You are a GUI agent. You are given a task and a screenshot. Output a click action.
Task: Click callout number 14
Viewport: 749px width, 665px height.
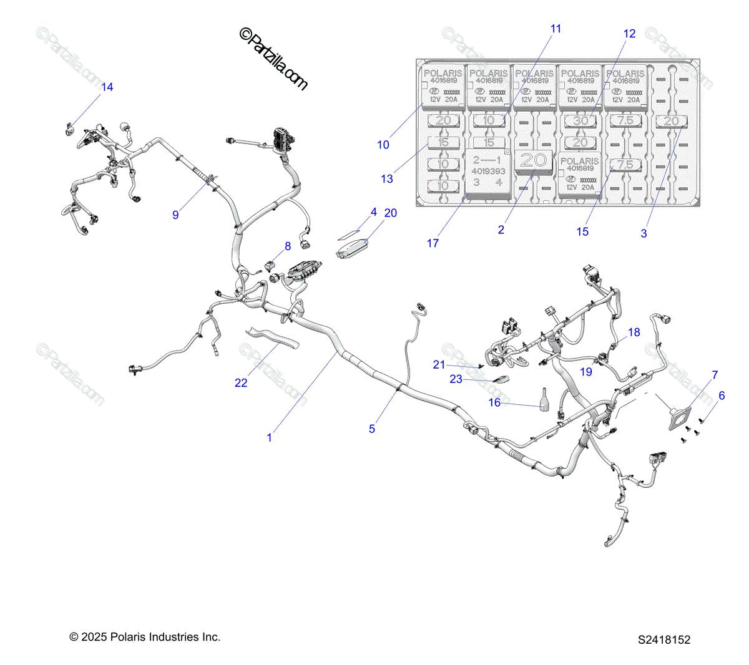(x=107, y=87)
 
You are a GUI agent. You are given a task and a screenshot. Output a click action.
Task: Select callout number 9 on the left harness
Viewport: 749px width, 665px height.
(x=175, y=215)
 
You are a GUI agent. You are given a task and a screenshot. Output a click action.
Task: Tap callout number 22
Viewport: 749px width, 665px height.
(x=241, y=383)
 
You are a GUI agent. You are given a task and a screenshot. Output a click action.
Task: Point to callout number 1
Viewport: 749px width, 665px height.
(x=270, y=438)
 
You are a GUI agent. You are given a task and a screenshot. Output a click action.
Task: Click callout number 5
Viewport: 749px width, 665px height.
(x=372, y=429)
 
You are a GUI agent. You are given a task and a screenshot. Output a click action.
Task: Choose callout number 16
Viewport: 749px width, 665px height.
(x=494, y=403)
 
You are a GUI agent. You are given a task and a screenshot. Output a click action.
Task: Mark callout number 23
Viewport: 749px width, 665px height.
(x=456, y=379)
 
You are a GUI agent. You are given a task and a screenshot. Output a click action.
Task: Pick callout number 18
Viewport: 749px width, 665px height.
(x=634, y=332)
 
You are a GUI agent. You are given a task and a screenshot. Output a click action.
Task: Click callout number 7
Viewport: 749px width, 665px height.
(x=715, y=375)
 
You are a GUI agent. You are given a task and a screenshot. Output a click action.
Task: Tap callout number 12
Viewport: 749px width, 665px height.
(x=630, y=34)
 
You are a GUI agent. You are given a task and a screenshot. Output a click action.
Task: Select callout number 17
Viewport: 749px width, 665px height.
(x=433, y=243)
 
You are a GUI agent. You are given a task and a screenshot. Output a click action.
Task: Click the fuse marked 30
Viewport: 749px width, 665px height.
(x=580, y=120)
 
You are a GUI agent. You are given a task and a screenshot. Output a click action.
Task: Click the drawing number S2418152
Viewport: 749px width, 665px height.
(x=664, y=639)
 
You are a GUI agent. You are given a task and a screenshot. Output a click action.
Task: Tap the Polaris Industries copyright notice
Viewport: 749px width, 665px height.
(x=145, y=637)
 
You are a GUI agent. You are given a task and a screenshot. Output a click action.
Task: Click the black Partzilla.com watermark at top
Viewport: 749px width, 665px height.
(x=274, y=60)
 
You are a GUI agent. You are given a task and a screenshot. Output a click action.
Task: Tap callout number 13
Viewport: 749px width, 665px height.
(x=387, y=179)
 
